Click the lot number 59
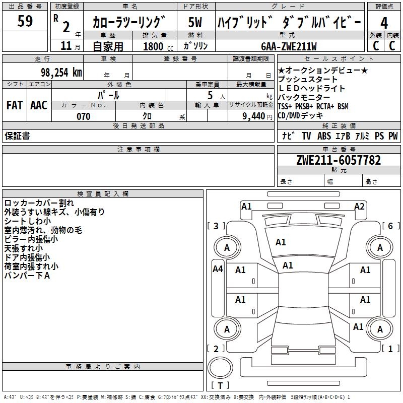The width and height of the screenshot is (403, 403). (25, 22)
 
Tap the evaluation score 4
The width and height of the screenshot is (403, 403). (384, 23)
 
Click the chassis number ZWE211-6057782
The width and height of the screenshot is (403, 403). (339, 160)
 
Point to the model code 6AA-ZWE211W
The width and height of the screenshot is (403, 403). (289, 46)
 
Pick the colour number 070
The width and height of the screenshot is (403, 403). (84, 116)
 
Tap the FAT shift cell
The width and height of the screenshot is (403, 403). (15, 105)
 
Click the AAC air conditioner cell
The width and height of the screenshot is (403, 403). (39, 105)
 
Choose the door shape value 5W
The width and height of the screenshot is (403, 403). (195, 23)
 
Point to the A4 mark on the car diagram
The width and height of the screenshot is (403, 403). (218, 269)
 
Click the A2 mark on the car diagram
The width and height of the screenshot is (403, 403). (359, 206)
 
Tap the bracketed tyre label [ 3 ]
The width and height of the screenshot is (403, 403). (216, 226)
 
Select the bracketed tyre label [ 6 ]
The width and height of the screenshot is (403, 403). (390, 226)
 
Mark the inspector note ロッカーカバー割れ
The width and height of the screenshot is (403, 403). (39, 203)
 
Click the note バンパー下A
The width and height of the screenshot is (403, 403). (27, 275)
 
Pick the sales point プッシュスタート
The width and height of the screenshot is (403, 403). (308, 80)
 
